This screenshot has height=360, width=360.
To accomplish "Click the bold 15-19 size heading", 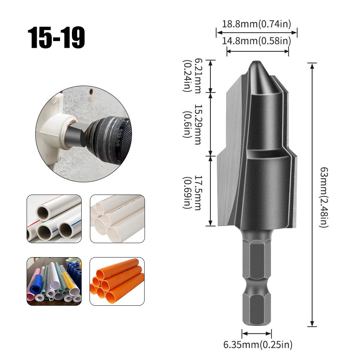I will point(57,38).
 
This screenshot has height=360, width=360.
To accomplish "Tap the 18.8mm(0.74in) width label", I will point(256,24).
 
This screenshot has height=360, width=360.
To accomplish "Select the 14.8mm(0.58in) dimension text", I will point(256,41).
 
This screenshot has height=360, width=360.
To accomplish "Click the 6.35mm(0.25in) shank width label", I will point(258,345).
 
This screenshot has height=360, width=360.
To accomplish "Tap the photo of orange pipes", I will point(117,281).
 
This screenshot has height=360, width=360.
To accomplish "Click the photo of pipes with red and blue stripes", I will point(54,219).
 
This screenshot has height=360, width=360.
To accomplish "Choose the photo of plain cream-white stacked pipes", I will point(117,219).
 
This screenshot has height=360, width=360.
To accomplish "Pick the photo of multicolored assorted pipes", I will point(54,281).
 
